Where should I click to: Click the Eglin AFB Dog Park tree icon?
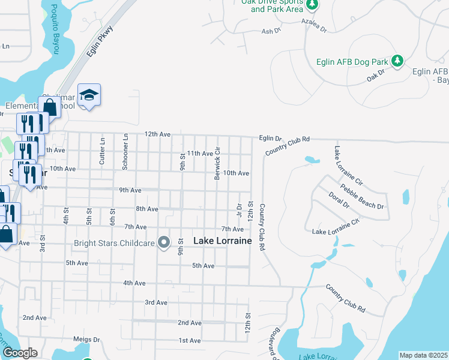tap(397, 61)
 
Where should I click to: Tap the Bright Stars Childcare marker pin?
tap(164, 243)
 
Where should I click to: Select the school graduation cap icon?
tap(89, 95)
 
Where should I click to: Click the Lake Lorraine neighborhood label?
tap(222, 241)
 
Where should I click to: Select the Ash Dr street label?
tap(268, 31)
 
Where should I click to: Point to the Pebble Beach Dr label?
tap(362, 197)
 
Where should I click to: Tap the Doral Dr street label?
tap(339, 200)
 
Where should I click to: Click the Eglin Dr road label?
tap(270, 138)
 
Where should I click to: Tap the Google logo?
tap(20, 353)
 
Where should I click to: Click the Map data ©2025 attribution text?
tap(423, 355)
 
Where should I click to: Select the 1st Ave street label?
tap(189, 340)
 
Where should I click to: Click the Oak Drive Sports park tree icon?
tap(312, 5)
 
